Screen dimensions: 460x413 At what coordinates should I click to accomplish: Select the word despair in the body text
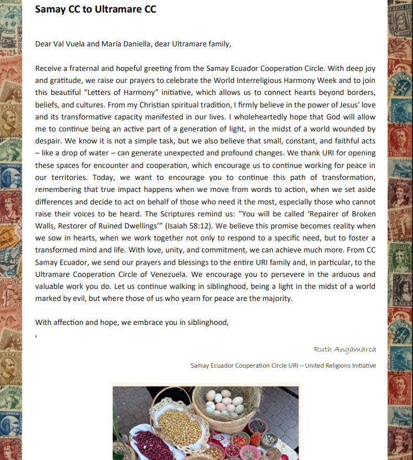coord(48,141)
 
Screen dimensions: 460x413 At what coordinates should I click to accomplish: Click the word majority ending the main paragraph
coord(277,298)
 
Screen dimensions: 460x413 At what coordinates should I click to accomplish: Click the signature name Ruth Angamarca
coord(345,349)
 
